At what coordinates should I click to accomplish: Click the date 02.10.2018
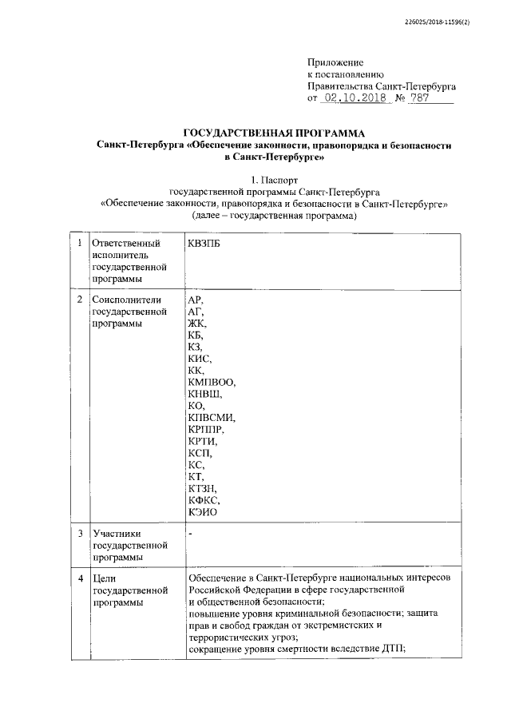click(x=354, y=98)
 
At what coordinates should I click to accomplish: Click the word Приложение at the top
click(x=335, y=62)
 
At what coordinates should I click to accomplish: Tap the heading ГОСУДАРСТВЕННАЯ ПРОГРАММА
click(x=274, y=132)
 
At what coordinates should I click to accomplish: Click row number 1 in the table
click(x=78, y=243)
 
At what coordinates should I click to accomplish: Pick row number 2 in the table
click(x=78, y=299)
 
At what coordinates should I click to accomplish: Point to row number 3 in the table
click(x=78, y=532)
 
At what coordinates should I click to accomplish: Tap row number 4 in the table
click(x=78, y=577)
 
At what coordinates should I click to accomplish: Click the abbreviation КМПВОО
click(x=212, y=382)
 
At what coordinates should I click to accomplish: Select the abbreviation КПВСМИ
click(x=212, y=418)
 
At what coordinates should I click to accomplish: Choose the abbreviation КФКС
click(x=203, y=499)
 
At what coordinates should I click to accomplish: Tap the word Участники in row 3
click(x=117, y=532)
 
